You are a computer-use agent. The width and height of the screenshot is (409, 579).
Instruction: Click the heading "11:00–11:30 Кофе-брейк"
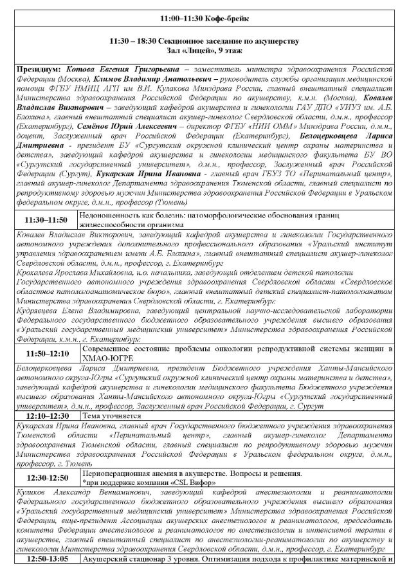204,19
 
